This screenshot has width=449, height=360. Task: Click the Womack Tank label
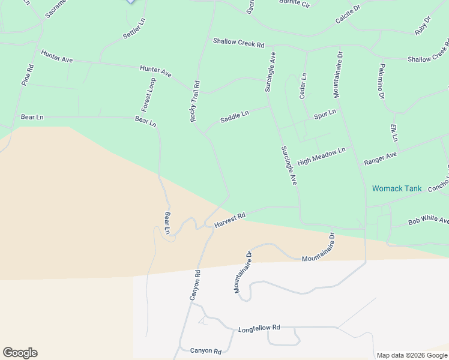[397, 188]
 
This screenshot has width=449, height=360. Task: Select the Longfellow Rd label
[259, 329]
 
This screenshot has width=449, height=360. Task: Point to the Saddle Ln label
[234, 116]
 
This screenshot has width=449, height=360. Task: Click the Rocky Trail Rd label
[194, 101]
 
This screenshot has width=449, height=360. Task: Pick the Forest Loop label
[148, 94]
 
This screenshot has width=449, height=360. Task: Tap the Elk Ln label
[394, 133]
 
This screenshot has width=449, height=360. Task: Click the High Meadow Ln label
[321, 156]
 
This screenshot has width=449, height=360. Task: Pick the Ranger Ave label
[380, 159]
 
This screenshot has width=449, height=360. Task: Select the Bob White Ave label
[428, 221]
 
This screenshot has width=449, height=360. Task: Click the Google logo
[20, 353]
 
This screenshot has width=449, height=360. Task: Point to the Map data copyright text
[412, 355]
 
